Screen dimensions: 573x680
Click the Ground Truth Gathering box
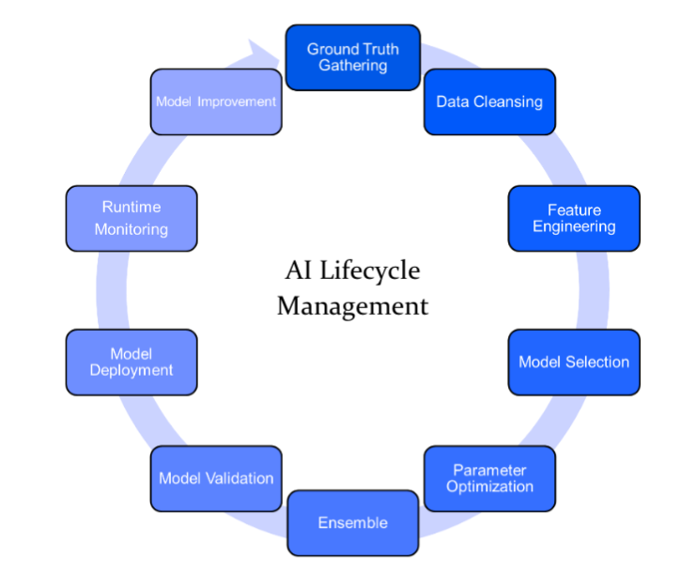click(x=352, y=57)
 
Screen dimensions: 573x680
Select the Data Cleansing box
click(x=489, y=101)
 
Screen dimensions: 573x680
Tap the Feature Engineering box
click(x=574, y=218)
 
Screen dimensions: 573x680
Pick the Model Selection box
click(x=574, y=362)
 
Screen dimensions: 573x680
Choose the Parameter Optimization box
click(x=489, y=478)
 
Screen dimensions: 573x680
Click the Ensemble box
click(x=352, y=522)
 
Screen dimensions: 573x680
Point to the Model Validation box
click(x=216, y=478)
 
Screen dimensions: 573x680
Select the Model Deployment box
click(x=131, y=362)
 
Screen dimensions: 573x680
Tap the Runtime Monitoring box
click(x=131, y=218)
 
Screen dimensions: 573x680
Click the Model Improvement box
click(x=216, y=101)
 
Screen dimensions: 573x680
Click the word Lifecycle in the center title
click(x=367, y=272)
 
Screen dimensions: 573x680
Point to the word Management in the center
click(x=352, y=306)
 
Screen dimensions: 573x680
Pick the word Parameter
click(x=489, y=470)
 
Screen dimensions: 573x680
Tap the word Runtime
click(x=131, y=207)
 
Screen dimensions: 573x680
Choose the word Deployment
click(x=131, y=370)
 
